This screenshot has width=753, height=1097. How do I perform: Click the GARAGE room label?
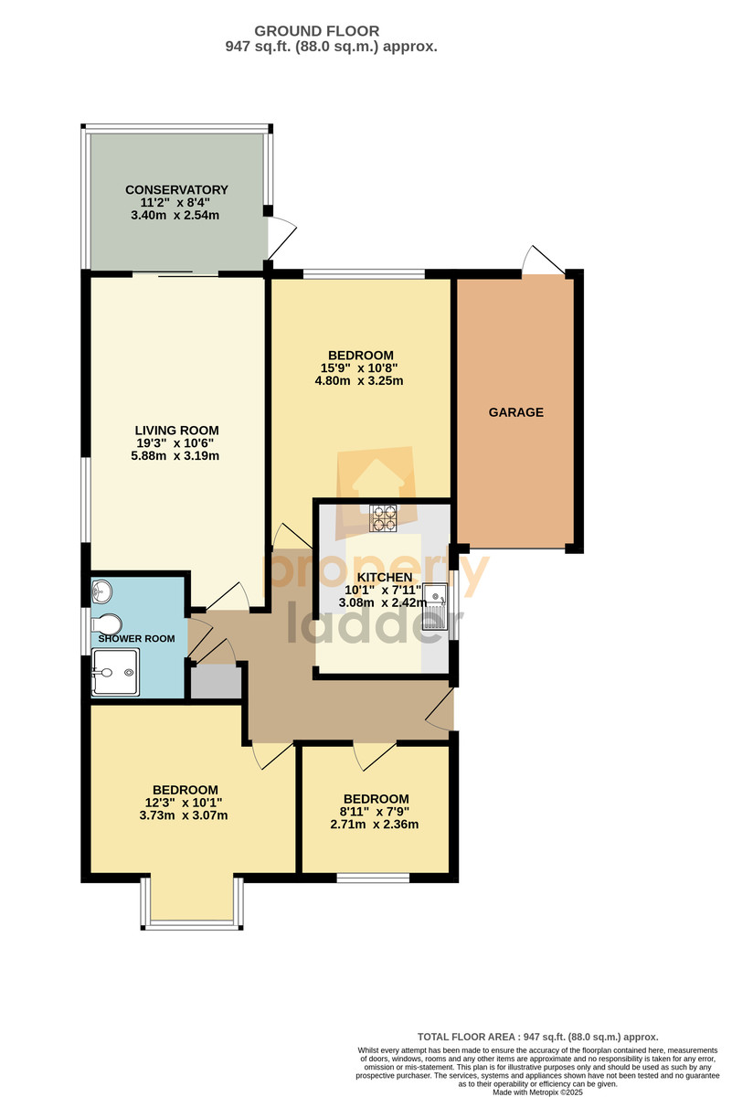point(516,412)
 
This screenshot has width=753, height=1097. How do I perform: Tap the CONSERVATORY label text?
point(176,189)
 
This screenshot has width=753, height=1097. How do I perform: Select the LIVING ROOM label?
point(176,431)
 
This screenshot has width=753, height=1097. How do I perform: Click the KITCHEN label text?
point(385,578)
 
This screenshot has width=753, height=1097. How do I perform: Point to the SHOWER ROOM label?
point(136,639)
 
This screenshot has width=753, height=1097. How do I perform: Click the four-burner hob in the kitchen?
point(383,518)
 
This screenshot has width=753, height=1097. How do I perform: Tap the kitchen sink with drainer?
point(435,607)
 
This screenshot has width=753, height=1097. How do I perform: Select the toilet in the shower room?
point(107,624)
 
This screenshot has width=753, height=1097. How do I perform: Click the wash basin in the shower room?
point(101,591)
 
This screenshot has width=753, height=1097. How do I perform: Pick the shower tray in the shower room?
point(115,672)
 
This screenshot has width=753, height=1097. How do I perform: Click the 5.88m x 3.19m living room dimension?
point(175,456)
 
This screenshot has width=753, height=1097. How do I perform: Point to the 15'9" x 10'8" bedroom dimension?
point(359,367)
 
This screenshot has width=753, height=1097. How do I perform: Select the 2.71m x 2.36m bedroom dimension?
point(375,825)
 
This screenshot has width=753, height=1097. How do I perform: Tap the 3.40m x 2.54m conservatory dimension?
point(175,215)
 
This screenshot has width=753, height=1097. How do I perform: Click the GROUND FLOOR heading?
point(317,31)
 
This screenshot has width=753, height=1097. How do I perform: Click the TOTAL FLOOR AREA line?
point(537,1037)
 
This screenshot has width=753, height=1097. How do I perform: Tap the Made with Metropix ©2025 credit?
point(537,1092)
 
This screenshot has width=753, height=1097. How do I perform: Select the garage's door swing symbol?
point(544,259)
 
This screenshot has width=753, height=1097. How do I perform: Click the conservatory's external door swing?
point(282,239)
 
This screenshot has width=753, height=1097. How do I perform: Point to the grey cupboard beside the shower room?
point(216,682)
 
